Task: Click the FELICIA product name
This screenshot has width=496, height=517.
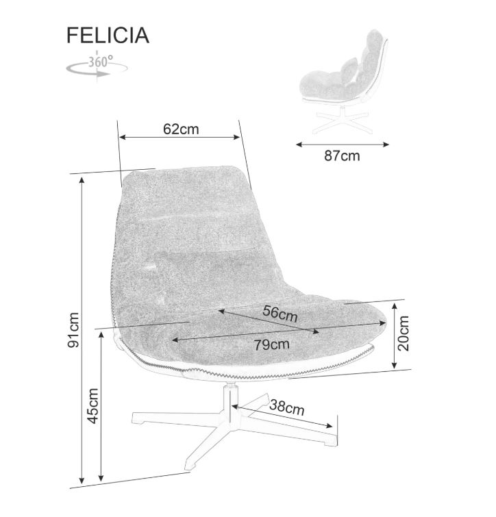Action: tap(108, 36)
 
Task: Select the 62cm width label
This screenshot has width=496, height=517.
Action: tap(181, 128)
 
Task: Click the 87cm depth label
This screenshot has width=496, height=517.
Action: tap(341, 156)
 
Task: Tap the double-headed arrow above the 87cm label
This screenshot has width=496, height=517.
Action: tap(342, 144)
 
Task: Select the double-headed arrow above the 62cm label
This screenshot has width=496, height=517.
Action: tap(181, 138)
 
